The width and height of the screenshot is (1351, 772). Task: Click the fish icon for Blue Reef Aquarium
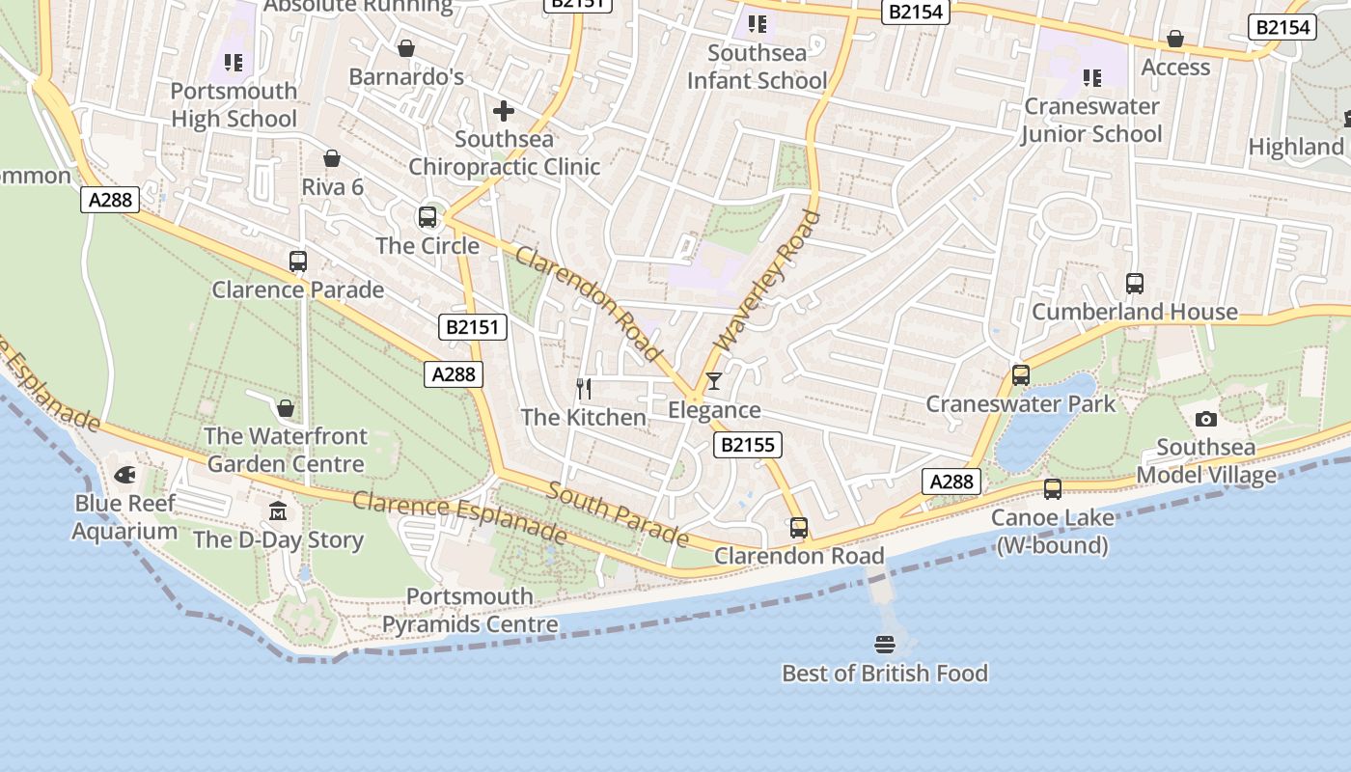tap(124, 475)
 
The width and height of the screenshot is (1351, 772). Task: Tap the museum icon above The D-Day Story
tap(278, 510)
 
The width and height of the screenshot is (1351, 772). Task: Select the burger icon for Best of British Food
tap(885, 644)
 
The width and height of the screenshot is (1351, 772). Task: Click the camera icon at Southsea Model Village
tap(1205, 419)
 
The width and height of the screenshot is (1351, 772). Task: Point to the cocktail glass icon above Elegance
tap(713, 381)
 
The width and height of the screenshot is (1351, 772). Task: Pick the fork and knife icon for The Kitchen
tap(584, 388)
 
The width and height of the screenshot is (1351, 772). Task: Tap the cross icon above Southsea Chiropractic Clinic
tap(503, 111)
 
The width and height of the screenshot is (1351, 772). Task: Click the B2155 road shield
tap(747, 445)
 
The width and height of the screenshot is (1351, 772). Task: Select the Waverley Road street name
tap(767, 281)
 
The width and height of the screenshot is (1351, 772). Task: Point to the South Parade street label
tap(618, 513)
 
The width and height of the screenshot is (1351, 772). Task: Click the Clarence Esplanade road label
tap(458, 516)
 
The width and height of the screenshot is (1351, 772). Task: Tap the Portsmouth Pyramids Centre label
tap(470, 611)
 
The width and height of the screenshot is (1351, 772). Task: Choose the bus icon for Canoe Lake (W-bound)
tap(1052, 489)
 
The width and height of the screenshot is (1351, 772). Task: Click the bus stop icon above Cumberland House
tap(1135, 284)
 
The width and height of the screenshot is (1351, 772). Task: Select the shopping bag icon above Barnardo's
tap(406, 48)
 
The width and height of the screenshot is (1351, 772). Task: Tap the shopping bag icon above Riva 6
tap(332, 158)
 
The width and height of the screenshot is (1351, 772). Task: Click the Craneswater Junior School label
tap(1092, 120)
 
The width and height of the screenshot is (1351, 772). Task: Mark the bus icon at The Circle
tap(427, 217)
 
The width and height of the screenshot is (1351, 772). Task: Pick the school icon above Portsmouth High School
tap(234, 63)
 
